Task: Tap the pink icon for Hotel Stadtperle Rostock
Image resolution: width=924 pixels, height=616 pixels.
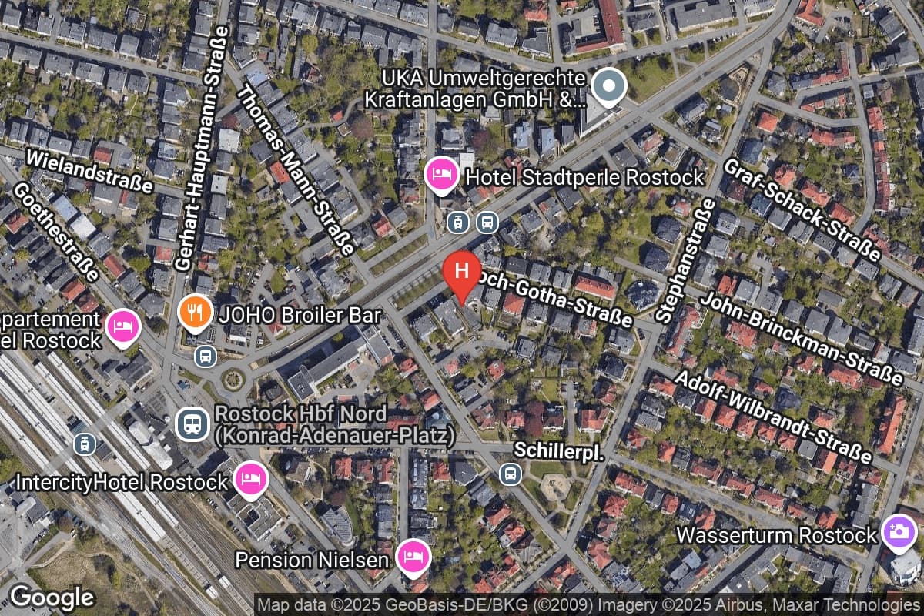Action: [x=441, y=172]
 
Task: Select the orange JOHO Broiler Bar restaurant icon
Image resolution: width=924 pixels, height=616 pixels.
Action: [x=196, y=312]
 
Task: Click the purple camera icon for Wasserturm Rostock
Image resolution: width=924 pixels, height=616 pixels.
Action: [x=899, y=532]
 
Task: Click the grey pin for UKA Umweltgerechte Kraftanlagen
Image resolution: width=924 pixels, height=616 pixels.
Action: [x=610, y=85]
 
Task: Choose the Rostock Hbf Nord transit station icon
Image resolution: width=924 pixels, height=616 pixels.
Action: [x=191, y=423]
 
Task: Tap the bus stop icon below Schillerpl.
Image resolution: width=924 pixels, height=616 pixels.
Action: [x=510, y=474]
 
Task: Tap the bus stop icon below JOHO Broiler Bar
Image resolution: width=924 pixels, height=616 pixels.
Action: [x=206, y=356]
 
